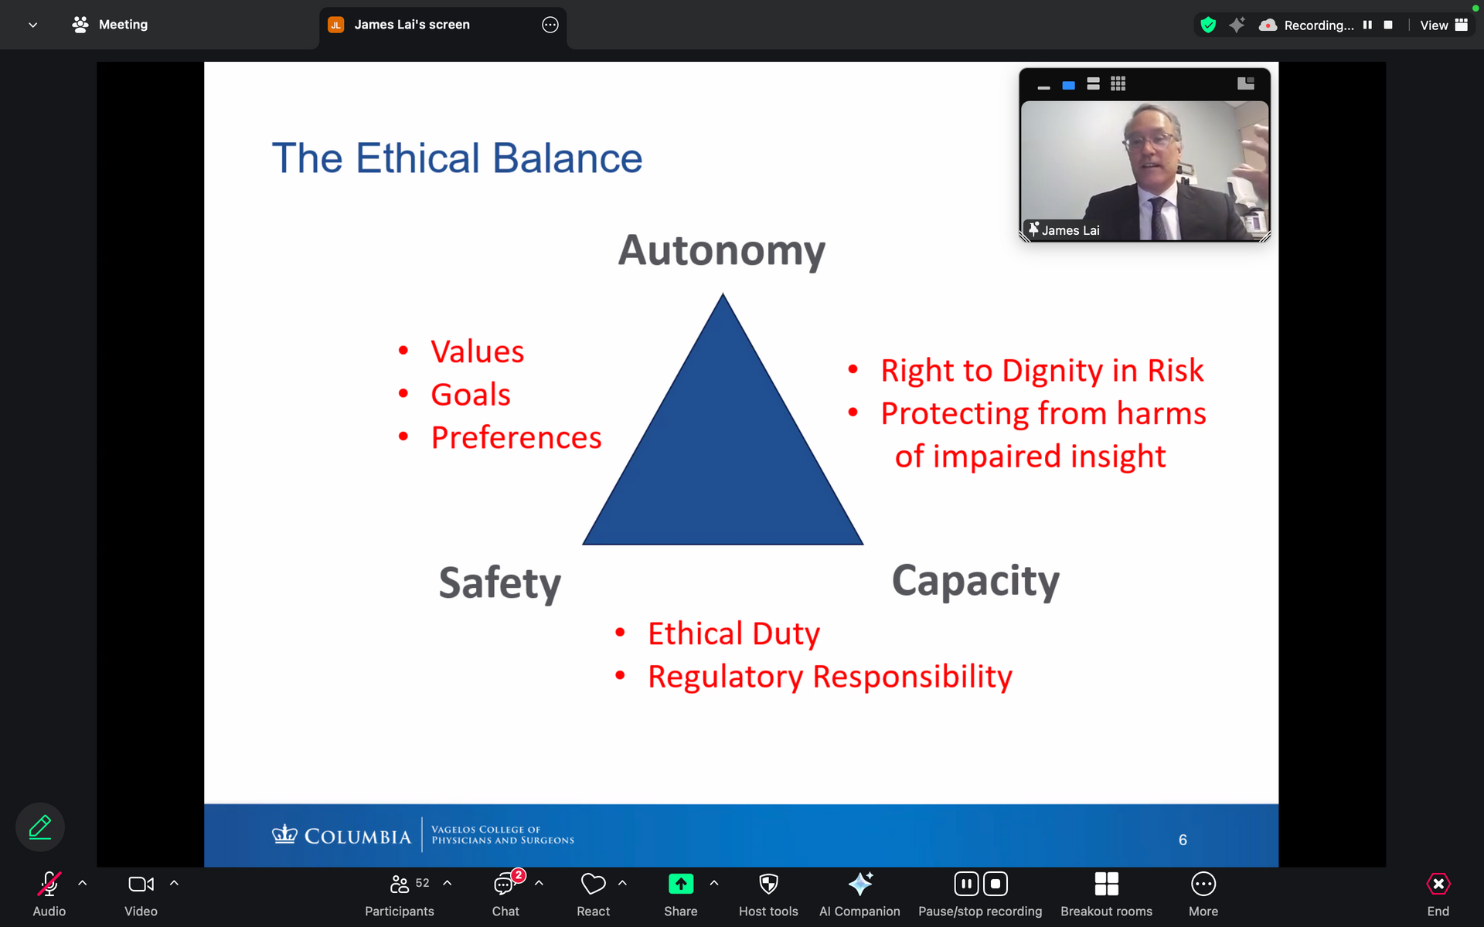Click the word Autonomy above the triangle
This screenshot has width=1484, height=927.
[x=722, y=251]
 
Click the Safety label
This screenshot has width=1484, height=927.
[x=500, y=583]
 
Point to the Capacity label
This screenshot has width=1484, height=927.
[x=975, y=581]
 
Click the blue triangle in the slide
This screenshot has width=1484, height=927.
[x=723, y=456]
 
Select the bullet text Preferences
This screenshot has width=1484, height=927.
[x=516, y=438]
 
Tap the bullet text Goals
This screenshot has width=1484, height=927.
[x=471, y=395]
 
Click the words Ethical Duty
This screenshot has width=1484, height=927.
[x=733, y=634]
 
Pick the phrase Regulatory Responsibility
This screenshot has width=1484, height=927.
[x=830, y=677]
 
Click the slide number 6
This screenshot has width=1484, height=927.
[x=1183, y=840]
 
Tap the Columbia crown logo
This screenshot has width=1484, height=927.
[x=284, y=834]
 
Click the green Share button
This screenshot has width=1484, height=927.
[x=681, y=884]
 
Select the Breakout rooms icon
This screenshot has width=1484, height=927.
[x=1106, y=884]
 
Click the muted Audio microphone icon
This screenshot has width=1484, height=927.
[x=49, y=884]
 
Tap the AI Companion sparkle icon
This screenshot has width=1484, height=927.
[x=859, y=884]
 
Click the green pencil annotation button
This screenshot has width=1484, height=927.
[x=40, y=827]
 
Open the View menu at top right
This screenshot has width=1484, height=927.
[x=1443, y=25]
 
